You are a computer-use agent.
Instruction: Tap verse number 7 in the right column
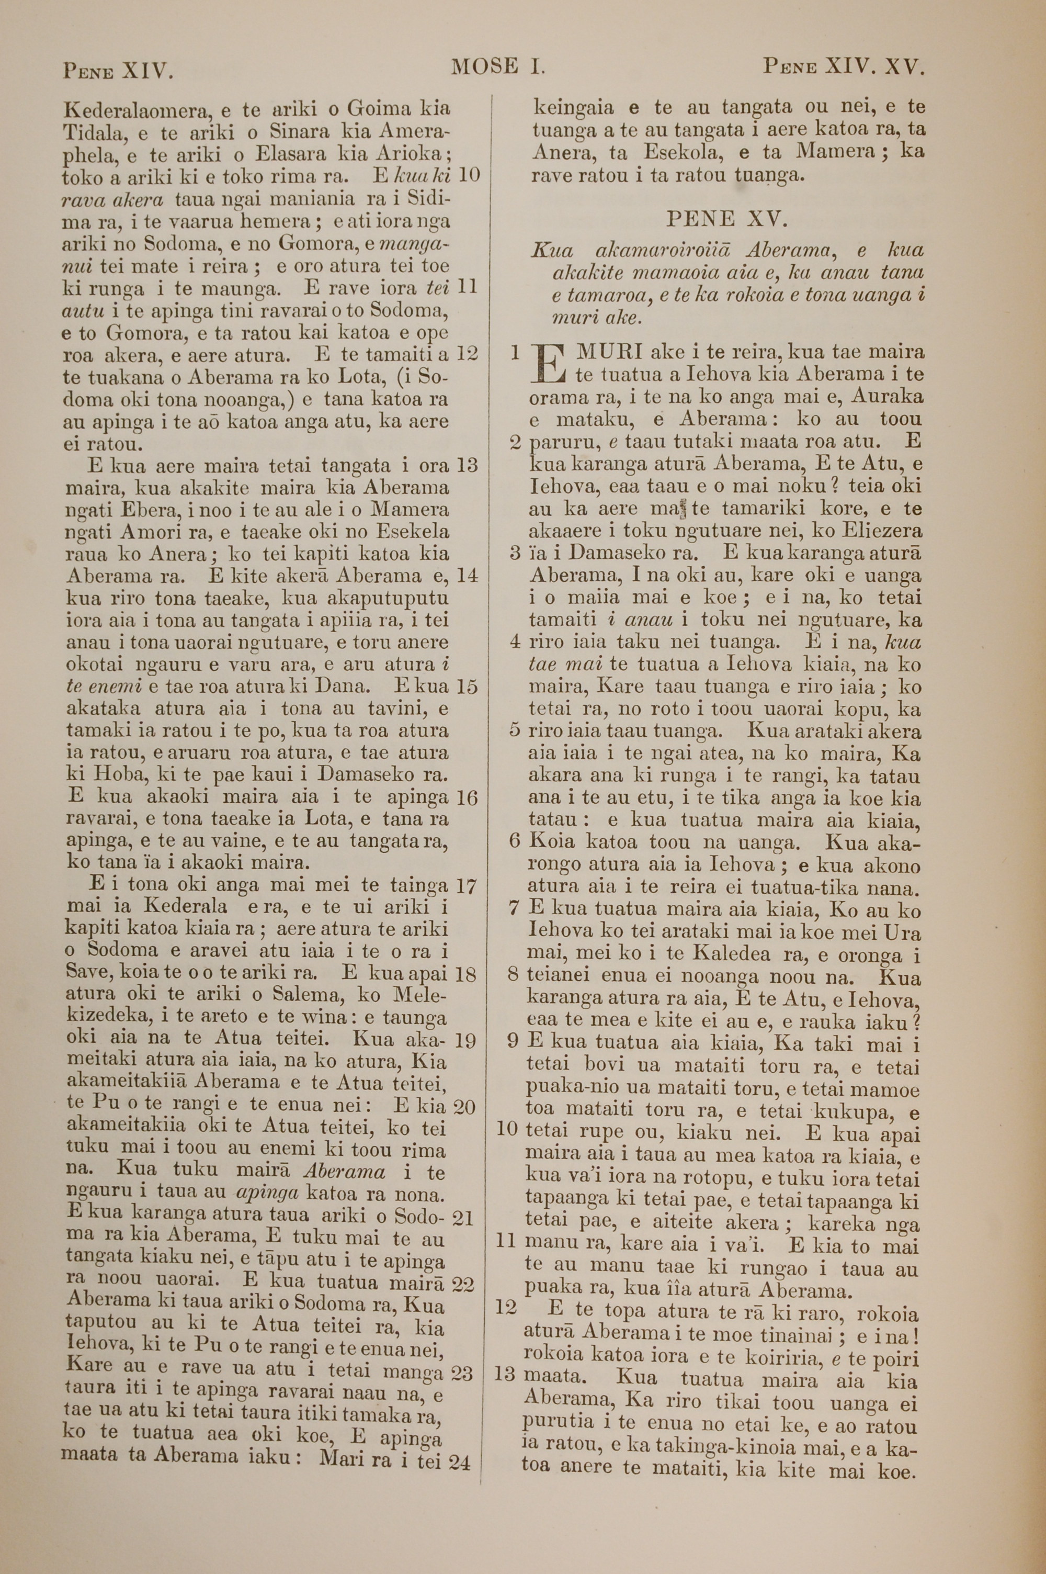point(514,908)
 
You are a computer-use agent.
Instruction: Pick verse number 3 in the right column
point(514,553)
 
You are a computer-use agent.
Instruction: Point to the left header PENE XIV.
point(118,70)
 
